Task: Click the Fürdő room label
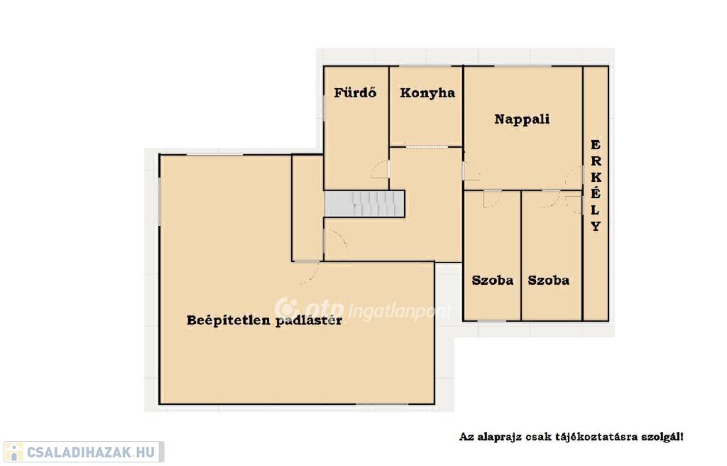point(355,92)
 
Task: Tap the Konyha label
point(427,93)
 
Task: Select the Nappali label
point(522,119)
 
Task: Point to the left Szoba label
point(493,281)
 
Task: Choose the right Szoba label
point(549,281)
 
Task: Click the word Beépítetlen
point(228,320)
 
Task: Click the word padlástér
point(309,320)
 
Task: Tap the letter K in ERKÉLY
point(596,178)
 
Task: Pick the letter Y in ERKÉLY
point(596,226)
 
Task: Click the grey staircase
point(364,203)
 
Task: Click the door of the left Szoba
point(491,199)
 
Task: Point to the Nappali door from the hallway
point(472,170)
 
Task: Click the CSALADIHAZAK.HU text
point(91,452)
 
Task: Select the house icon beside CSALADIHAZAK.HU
point(13,452)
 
